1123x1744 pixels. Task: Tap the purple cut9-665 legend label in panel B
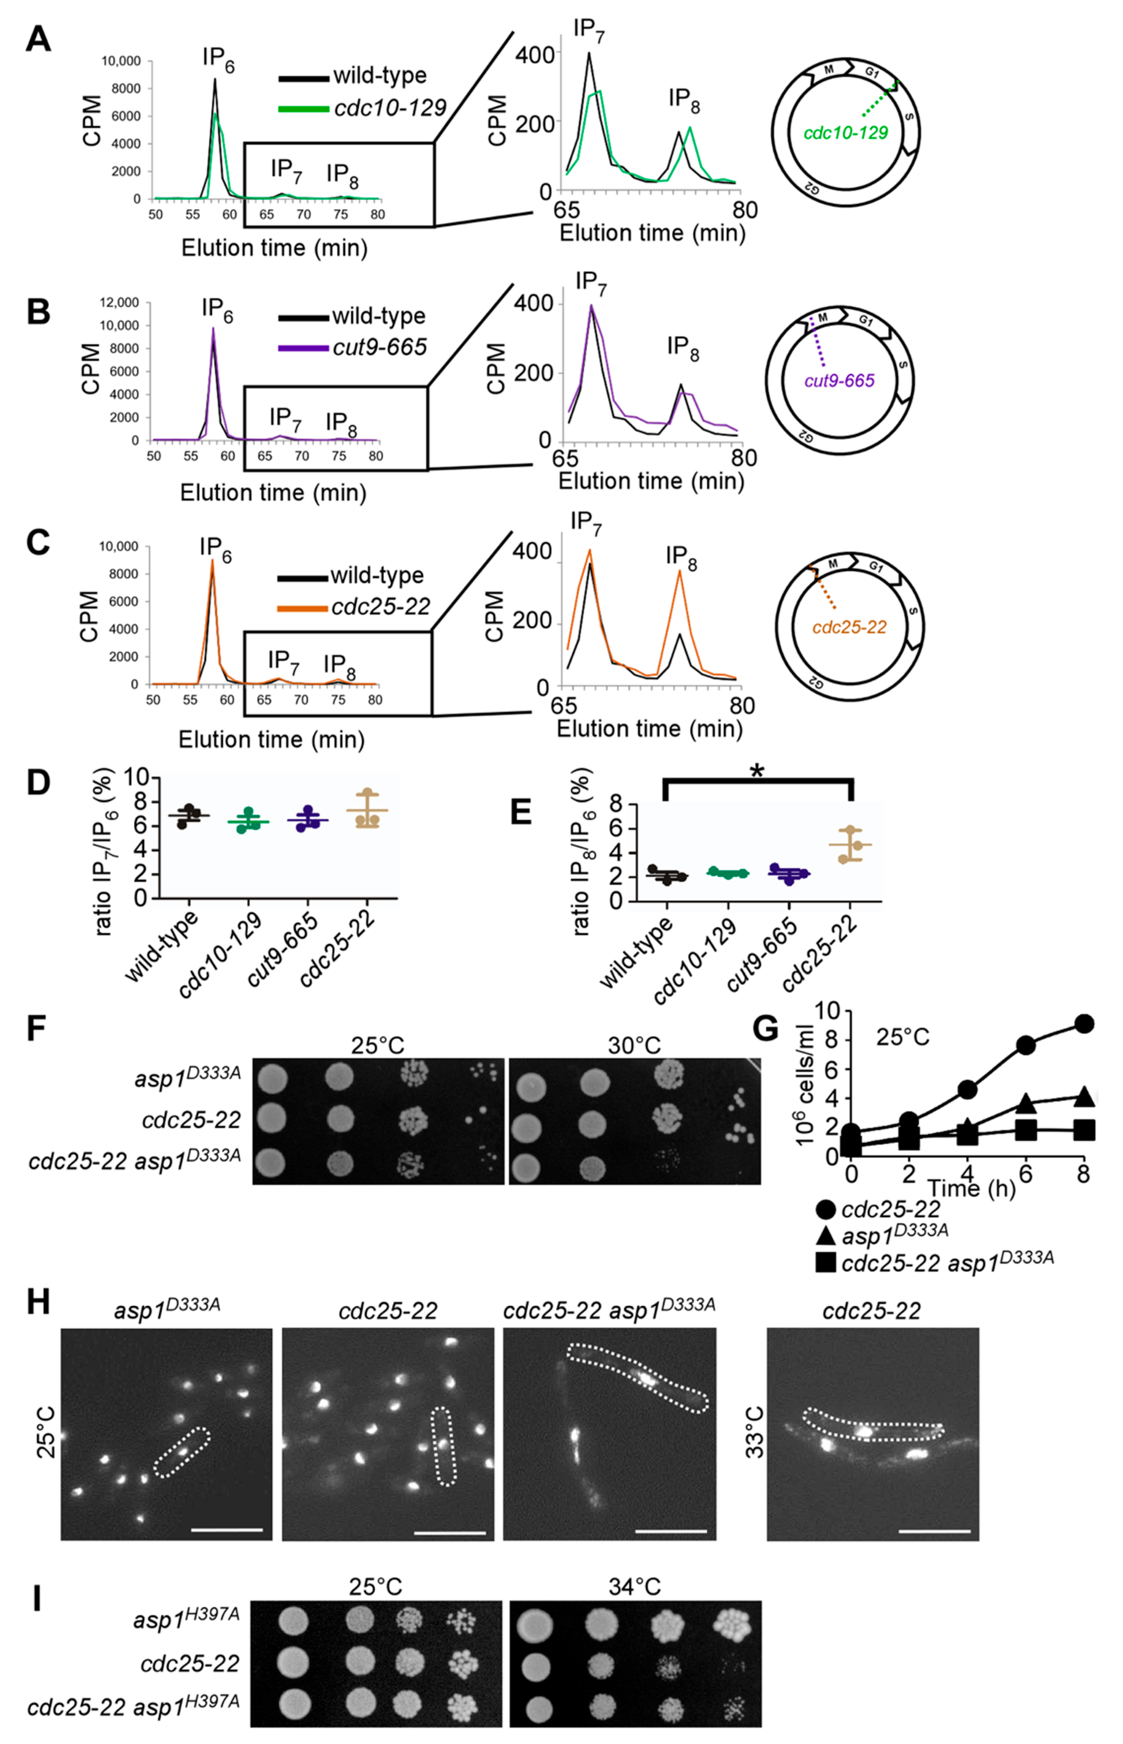point(379,347)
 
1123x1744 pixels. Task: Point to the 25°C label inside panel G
point(903,1037)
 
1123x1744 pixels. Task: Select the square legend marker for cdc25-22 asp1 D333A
point(825,1262)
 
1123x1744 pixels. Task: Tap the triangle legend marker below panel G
point(825,1235)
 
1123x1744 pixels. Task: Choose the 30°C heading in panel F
point(634,1046)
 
